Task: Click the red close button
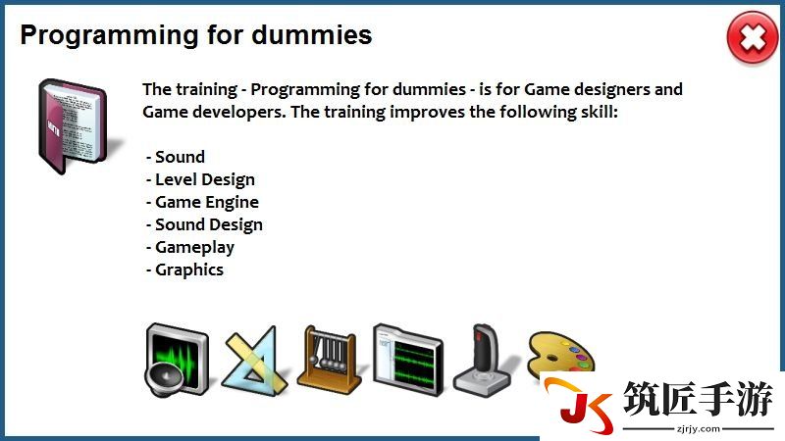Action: coord(753,38)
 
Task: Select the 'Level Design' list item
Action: coord(200,179)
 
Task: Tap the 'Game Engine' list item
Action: coord(202,202)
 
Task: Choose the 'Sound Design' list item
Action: coord(204,224)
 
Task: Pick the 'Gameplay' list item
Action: coord(190,247)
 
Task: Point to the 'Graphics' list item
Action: coord(184,269)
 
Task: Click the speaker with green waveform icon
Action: coord(177,359)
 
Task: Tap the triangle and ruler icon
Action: coord(255,361)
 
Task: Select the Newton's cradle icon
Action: coord(330,359)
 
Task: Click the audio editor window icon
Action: coord(408,359)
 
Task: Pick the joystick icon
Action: coord(482,359)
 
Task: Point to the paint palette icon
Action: coord(560,354)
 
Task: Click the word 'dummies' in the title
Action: coord(311,34)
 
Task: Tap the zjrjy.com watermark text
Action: coord(698,429)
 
